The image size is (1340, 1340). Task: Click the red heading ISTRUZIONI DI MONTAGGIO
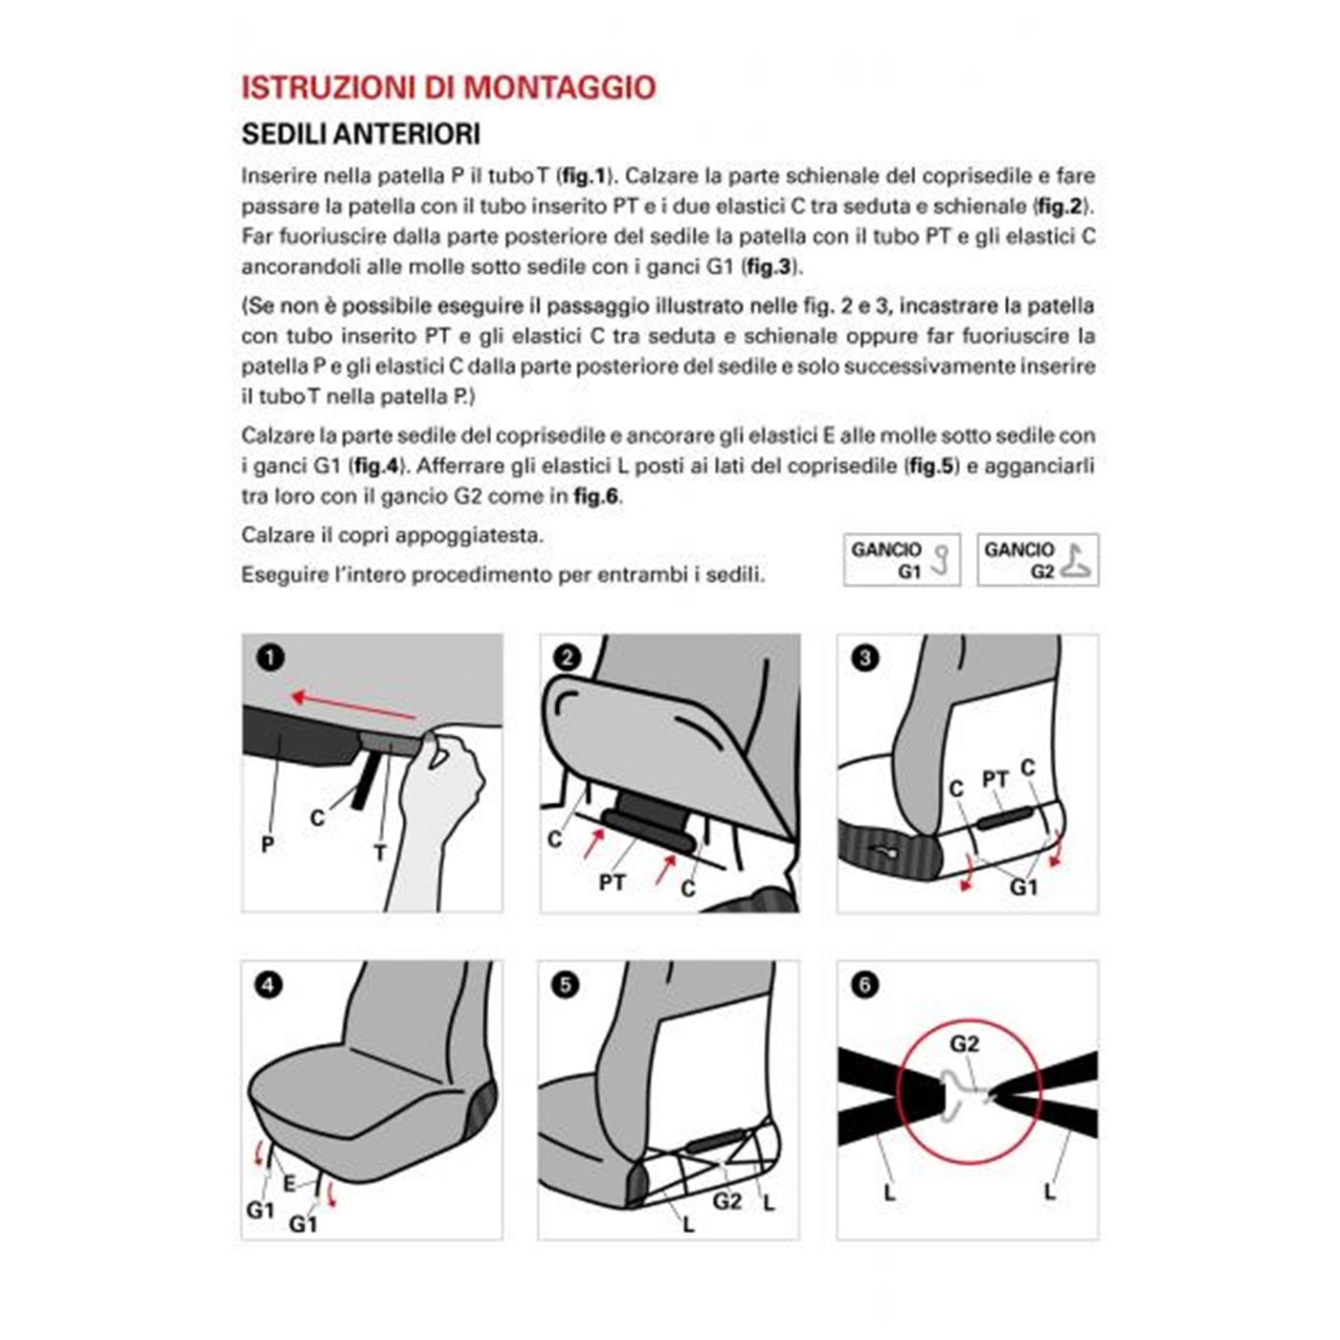pyautogui.click(x=448, y=87)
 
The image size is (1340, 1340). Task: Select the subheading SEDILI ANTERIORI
pyautogui.click(x=360, y=134)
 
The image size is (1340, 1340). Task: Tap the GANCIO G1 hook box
pyautogui.click(x=901, y=560)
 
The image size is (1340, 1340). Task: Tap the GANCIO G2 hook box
pyautogui.click(x=1038, y=560)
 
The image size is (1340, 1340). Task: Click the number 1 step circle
pyautogui.click(x=270, y=658)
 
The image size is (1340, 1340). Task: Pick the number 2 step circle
pyautogui.click(x=567, y=658)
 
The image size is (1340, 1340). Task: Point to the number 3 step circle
pyautogui.click(x=864, y=658)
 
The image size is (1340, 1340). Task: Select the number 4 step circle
pyautogui.click(x=269, y=985)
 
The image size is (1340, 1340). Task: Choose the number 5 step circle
pyautogui.click(x=566, y=985)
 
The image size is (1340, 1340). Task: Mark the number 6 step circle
pyautogui.click(x=864, y=985)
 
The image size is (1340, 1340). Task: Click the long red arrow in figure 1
pyautogui.click(x=353, y=706)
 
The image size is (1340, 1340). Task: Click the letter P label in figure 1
pyautogui.click(x=268, y=844)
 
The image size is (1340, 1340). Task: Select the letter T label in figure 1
pyautogui.click(x=380, y=852)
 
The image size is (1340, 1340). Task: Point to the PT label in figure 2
pyautogui.click(x=613, y=882)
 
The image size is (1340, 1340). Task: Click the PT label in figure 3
pyautogui.click(x=995, y=780)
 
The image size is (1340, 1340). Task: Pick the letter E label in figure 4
pyautogui.click(x=289, y=1184)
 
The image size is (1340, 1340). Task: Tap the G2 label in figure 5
pyautogui.click(x=727, y=1201)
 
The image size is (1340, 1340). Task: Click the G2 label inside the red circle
pyautogui.click(x=965, y=1043)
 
